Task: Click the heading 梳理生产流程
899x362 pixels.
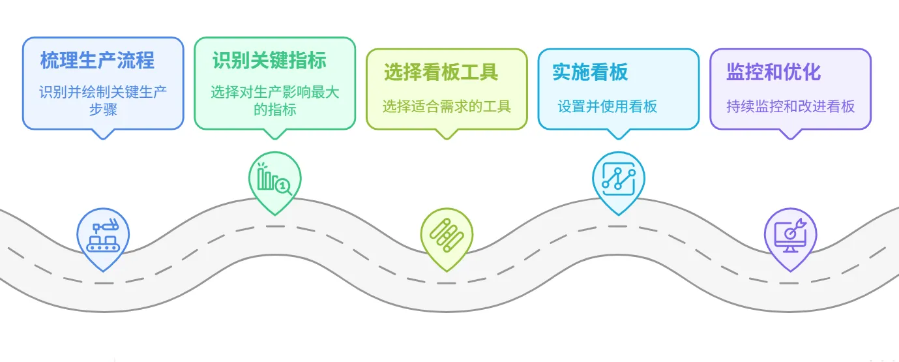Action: pyautogui.click(x=97, y=61)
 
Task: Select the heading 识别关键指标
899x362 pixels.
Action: pyautogui.click(x=269, y=60)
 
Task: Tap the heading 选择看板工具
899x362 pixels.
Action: pyautogui.click(x=441, y=72)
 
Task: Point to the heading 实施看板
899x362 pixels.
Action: pyautogui.click(x=590, y=72)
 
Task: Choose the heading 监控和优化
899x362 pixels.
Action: pyautogui.click(x=773, y=72)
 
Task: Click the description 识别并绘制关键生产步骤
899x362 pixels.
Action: pyautogui.click(x=103, y=100)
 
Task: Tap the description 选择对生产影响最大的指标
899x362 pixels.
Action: pyautogui.click(x=274, y=100)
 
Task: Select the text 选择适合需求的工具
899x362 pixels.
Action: pyautogui.click(x=447, y=106)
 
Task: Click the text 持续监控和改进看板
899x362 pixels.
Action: pyautogui.click(x=790, y=106)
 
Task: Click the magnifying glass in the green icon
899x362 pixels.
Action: pyautogui.click(x=284, y=187)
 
